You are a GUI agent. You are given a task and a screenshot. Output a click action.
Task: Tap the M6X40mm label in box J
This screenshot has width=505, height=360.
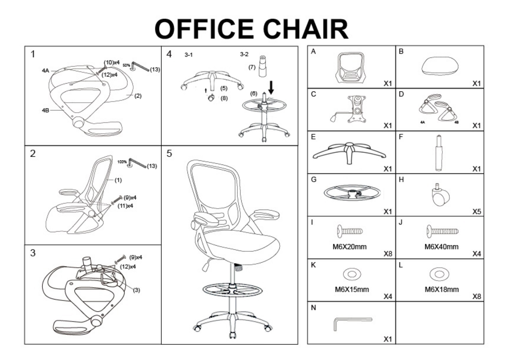click(x=441, y=247)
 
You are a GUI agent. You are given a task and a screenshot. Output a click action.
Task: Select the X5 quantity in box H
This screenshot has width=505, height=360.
click(x=477, y=212)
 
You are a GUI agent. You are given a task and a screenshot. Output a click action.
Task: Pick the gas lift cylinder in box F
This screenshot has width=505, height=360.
click(x=439, y=153)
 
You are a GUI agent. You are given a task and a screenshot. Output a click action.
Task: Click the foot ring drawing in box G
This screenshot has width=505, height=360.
click(x=352, y=193)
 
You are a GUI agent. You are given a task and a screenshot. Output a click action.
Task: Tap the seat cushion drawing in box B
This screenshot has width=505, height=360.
click(x=440, y=66)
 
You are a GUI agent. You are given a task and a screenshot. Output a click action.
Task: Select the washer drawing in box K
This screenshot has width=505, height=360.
click(x=352, y=274)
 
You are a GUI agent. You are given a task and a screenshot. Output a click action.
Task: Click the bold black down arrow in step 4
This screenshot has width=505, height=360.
click(x=271, y=88)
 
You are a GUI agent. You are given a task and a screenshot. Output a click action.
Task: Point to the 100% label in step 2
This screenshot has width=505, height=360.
click(x=122, y=162)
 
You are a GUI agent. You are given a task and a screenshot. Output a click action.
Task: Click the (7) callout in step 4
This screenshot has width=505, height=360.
click(x=252, y=67)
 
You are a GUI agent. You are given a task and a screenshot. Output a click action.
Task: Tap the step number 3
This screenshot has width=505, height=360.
click(x=33, y=253)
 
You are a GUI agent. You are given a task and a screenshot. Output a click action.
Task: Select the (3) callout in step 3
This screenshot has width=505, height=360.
click(x=136, y=290)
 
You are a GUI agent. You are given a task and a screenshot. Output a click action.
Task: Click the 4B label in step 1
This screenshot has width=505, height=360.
click(x=45, y=110)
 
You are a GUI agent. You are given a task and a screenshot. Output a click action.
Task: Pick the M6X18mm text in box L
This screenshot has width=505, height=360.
click(x=442, y=289)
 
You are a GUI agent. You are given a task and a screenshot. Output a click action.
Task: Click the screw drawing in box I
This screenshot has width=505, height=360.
click(x=350, y=231)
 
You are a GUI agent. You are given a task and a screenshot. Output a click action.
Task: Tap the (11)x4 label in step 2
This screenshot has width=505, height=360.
click(x=125, y=206)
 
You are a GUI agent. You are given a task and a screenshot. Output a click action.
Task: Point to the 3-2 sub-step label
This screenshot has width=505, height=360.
click(x=244, y=54)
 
